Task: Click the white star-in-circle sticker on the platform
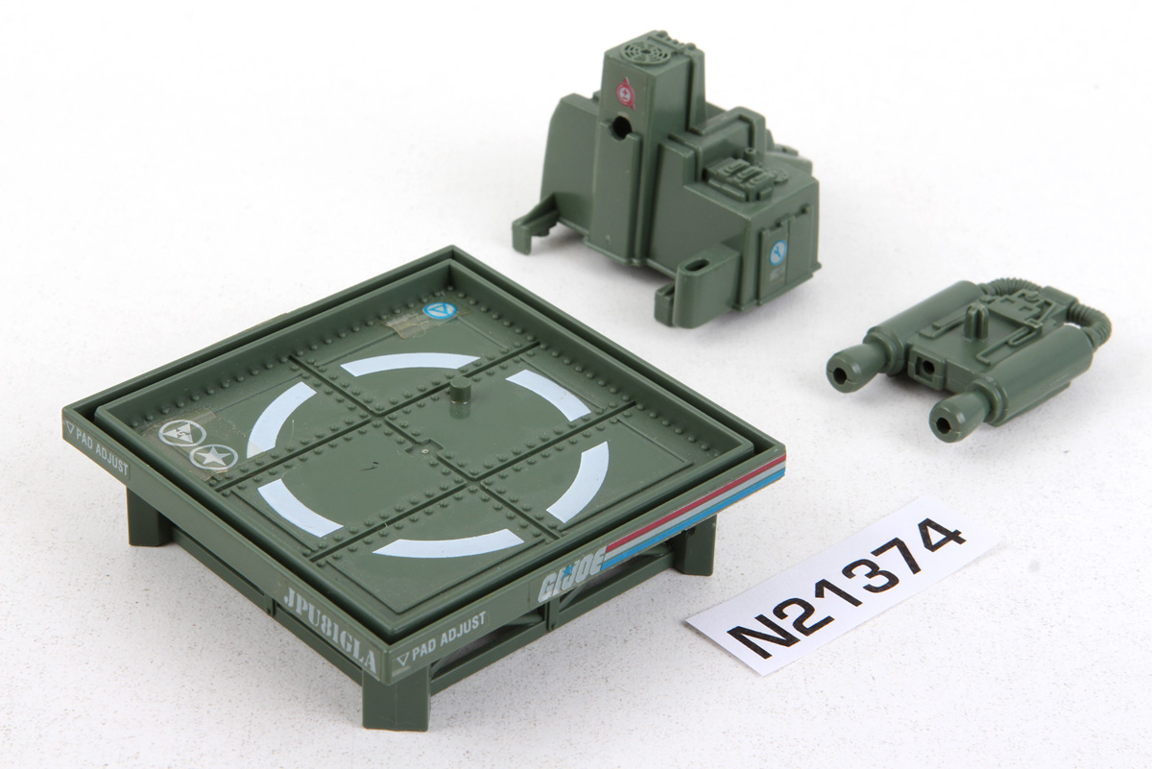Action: (212, 456)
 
